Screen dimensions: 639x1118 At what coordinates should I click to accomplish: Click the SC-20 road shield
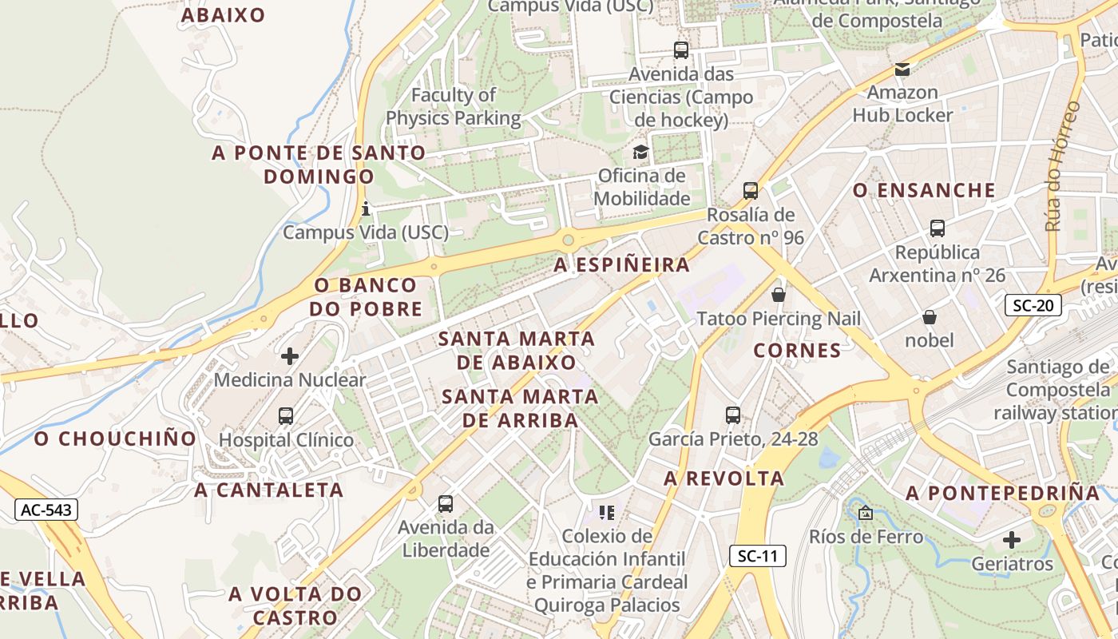1033,305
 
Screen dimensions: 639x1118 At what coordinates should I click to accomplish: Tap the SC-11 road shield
757,557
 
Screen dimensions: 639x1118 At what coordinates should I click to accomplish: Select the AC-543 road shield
46,510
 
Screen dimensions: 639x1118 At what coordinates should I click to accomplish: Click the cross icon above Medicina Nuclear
290,356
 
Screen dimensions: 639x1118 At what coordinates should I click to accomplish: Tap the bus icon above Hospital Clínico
286,416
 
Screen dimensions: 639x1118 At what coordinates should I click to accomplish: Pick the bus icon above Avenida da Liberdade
446,504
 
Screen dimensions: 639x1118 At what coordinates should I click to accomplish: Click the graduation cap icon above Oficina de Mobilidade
640,152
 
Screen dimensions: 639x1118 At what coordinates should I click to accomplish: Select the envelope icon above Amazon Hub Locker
902,69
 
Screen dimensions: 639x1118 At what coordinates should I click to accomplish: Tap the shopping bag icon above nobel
930,317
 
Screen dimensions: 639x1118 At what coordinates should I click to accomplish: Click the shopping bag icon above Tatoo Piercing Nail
779,295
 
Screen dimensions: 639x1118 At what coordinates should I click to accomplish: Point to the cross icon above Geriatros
1012,540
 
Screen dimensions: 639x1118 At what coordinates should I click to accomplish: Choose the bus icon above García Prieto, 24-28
733,415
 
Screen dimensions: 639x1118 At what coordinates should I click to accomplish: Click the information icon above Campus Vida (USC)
366,209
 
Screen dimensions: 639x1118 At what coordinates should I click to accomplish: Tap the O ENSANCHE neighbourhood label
924,190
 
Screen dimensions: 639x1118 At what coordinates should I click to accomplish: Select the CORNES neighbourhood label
797,350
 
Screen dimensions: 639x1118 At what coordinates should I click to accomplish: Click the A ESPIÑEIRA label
621,264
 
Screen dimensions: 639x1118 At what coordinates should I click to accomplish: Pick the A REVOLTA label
724,478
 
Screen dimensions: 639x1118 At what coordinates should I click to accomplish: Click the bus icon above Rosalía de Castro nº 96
750,191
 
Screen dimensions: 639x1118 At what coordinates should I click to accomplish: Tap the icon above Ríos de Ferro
865,513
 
